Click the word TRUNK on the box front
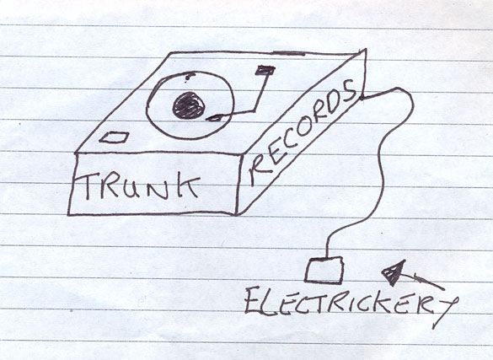pyautogui.click(x=137, y=186)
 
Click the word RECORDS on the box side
pyautogui.click(x=302, y=132)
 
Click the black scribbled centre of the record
pyautogui.click(x=189, y=105)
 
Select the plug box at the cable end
pyautogui.click(x=324, y=270)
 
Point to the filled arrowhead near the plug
pyautogui.click(x=393, y=271)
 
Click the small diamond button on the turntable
pyautogui.click(x=114, y=137)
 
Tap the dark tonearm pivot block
pyautogui.click(x=265, y=70)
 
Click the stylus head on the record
pyautogui.click(x=214, y=118)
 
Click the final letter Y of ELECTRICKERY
pyautogui.click(x=446, y=311)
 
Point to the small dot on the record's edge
pyautogui.click(x=189, y=76)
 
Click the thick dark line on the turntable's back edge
pyautogui.click(x=288, y=53)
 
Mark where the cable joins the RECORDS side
pyautogui.click(x=362, y=98)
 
